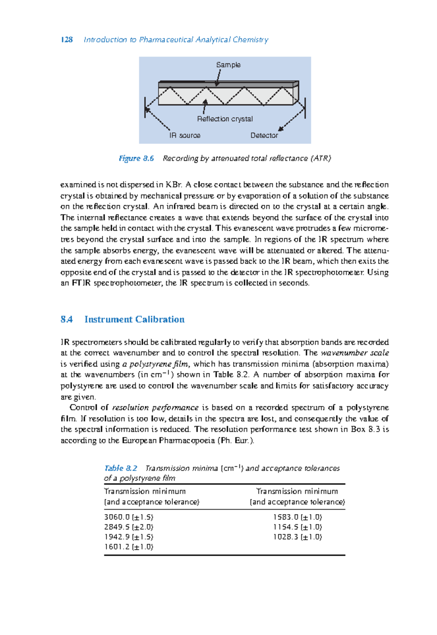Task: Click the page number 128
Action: [x=67, y=40]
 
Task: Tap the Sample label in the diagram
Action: [x=228, y=65]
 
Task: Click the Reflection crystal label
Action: [x=225, y=119]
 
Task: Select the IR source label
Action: [x=185, y=136]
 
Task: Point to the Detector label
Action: [x=264, y=136]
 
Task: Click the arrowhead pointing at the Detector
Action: [x=280, y=129]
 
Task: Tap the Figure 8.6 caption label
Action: [x=136, y=158]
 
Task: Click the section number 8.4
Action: [x=67, y=320]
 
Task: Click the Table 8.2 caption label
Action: [x=121, y=468]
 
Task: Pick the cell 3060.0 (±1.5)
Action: [x=129, y=517]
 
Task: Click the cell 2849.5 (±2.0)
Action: [x=129, y=527]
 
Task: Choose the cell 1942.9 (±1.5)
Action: [x=129, y=537]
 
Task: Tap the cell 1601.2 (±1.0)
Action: [x=129, y=546]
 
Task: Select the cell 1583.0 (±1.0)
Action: [x=297, y=517]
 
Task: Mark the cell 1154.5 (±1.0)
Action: [x=297, y=527]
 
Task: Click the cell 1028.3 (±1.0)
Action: [x=297, y=537]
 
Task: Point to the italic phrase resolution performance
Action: [x=155, y=408]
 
